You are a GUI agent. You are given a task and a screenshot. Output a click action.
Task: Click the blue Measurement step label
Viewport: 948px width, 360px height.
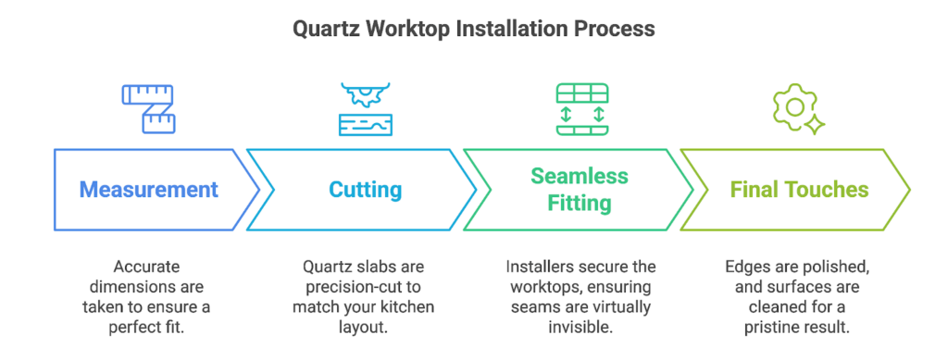[149, 190]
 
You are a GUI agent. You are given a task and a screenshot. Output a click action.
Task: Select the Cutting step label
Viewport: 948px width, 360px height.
[365, 191]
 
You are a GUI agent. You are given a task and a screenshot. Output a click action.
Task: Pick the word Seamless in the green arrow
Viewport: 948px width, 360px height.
[580, 177]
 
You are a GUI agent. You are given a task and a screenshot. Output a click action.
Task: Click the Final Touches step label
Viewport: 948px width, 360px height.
[799, 190]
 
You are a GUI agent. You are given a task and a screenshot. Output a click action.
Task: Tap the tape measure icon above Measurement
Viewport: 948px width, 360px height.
[149, 108]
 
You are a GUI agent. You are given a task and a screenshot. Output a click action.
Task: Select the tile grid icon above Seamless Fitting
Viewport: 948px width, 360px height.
[582, 109]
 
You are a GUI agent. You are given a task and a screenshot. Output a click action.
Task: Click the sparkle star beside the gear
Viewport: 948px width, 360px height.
[815, 124]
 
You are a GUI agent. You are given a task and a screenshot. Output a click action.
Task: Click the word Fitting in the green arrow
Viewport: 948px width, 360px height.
[580, 203]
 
